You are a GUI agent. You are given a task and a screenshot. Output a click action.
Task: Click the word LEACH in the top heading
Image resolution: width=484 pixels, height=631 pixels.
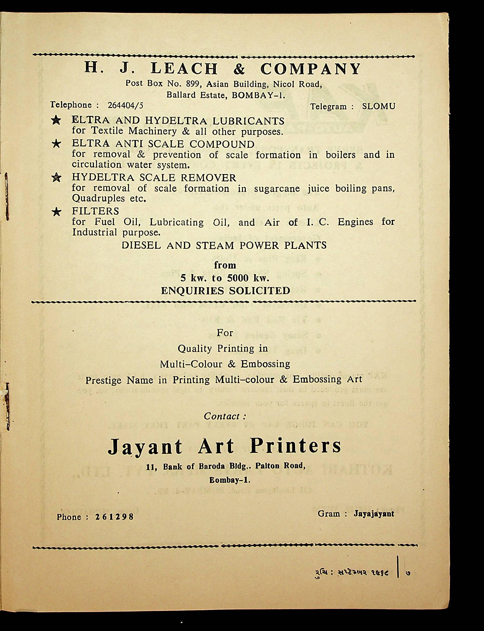click(184, 69)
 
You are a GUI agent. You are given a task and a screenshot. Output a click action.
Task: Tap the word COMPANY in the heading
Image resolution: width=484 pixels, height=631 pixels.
click(310, 69)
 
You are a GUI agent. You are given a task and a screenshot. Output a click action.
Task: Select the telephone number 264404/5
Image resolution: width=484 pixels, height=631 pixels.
click(125, 105)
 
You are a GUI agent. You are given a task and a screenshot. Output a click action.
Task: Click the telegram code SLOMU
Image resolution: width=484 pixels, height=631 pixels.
click(379, 107)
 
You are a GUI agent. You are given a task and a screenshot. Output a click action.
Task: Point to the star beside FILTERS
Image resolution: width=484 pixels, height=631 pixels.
click(56, 212)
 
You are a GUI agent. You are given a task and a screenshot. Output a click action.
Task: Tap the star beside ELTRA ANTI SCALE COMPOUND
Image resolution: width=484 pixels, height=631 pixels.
click(56, 144)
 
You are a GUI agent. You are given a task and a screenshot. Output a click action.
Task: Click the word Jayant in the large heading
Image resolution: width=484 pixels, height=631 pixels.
click(145, 447)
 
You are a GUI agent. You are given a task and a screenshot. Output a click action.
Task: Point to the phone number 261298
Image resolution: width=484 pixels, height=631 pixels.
click(114, 517)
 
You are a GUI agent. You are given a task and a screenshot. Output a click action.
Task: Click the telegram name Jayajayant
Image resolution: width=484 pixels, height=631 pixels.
click(374, 514)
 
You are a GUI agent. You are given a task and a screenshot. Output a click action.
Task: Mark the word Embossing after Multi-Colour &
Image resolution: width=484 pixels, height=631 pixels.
click(265, 364)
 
